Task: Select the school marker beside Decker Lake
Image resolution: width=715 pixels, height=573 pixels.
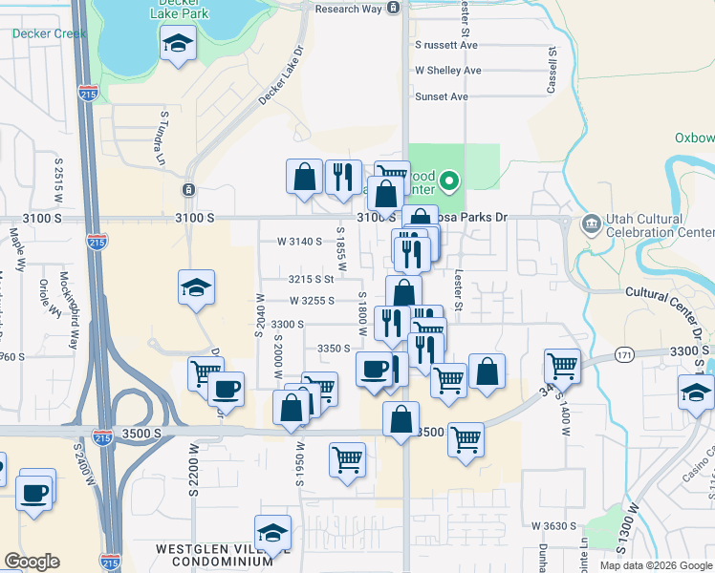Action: (x=178, y=44)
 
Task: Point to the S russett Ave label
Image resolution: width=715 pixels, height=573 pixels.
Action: (x=445, y=45)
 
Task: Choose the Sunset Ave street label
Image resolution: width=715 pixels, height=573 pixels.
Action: (x=442, y=96)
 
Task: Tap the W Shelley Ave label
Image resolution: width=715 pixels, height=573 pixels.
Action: (x=447, y=71)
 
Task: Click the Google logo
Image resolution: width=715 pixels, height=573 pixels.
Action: (x=32, y=562)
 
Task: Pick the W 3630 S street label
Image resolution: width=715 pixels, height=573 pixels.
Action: (x=554, y=526)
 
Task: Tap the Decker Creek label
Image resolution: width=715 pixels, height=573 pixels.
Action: (x=49, y=33)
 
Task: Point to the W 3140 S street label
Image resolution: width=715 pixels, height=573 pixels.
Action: (x=299, y=242)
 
